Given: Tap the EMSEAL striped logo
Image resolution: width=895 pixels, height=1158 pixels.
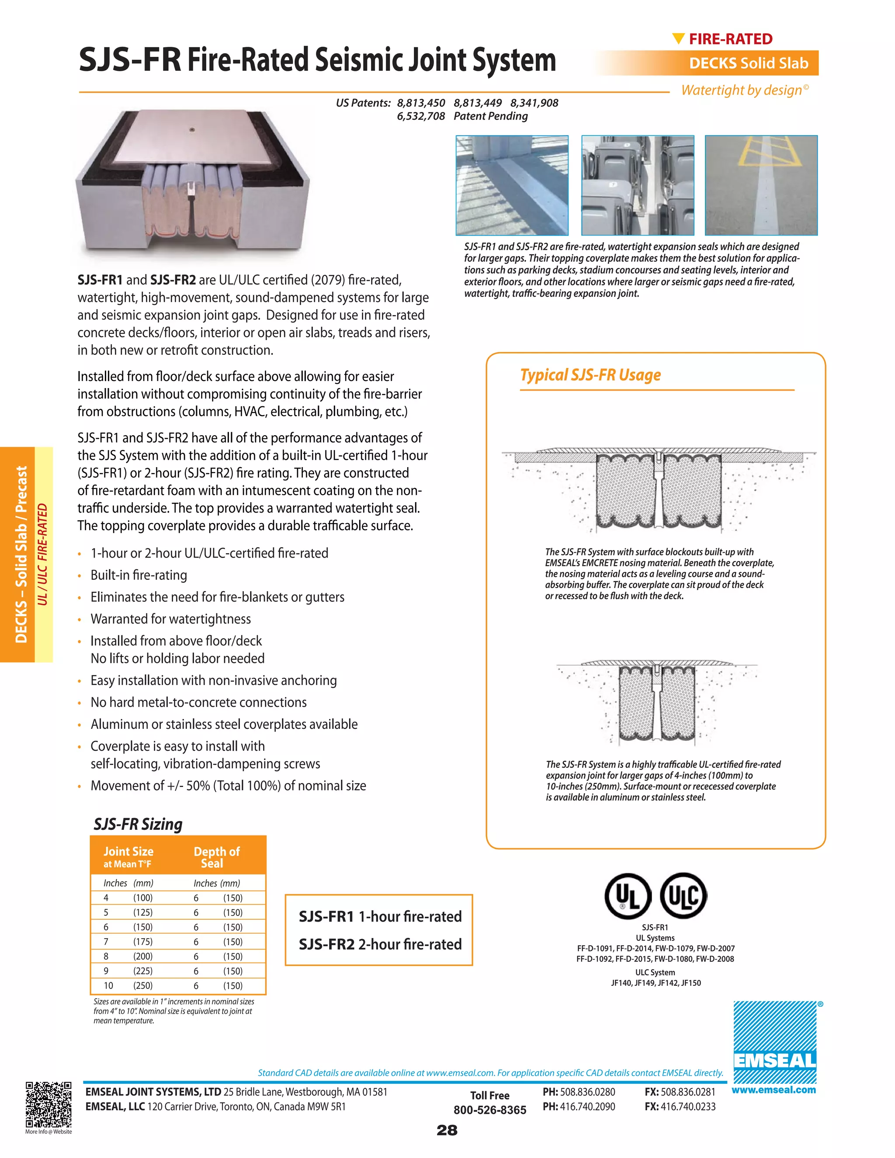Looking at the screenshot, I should [775, 1042].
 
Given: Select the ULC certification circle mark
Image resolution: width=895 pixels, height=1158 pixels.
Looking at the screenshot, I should [683, 895].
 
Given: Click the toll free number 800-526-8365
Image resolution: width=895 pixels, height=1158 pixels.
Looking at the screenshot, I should [489, 1110].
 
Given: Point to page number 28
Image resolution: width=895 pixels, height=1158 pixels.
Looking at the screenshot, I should [447, 1130].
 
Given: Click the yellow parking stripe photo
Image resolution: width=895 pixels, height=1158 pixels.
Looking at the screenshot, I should [761, 185].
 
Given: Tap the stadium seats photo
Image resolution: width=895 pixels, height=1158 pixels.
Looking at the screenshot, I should [637, 185].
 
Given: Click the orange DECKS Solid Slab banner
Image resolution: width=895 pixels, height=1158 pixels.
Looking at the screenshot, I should [748, 63].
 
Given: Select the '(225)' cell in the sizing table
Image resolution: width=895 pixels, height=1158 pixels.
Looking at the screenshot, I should [142, 971].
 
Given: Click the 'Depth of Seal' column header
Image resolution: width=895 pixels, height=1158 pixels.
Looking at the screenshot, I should [216, 857].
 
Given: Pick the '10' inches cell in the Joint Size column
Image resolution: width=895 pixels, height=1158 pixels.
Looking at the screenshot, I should [108, 986].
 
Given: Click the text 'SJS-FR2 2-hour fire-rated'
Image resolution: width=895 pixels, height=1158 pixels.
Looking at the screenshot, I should [380, 944].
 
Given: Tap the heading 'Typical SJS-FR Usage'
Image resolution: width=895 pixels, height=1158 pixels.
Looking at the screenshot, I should [590, 375].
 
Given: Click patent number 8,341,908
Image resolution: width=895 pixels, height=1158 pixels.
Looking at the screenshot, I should [534, 103].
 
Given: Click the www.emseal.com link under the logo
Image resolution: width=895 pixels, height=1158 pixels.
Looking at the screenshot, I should [774, 1090].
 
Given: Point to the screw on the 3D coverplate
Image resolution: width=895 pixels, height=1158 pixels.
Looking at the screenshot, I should [192, 129].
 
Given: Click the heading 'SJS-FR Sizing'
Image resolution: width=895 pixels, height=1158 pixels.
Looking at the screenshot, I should [138, 824].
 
